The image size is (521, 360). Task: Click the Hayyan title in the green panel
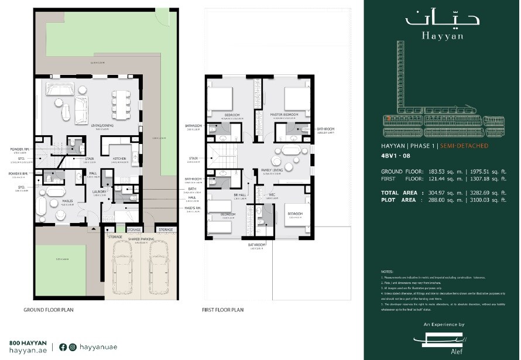pyautogui.click(x=441, y=35)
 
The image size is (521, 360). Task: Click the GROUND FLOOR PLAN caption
pyautogui.click(x=49, y=310)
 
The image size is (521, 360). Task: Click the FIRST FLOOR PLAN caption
pyautogui.click(x=222, y=310)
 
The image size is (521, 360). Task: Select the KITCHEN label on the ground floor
pyautogui.click(x=120, y=159)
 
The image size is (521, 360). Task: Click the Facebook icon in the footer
pyautogui.click(x=63, y=347)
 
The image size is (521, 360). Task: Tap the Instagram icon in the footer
pyautogui.click(x=72, y=347)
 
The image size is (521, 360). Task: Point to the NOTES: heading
pyautogui.click(x=386, y=272)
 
